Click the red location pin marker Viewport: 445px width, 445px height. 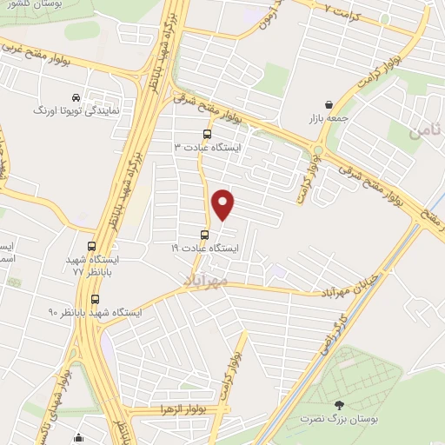pos(223,203)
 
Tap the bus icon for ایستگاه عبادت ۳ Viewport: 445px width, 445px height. pos(206,135)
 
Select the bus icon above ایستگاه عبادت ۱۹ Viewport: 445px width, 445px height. pos(205,235)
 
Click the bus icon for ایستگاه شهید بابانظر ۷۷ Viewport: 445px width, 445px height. pos(93,247)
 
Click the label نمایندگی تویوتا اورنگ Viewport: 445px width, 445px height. pos(68,111)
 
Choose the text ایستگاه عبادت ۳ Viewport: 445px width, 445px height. pos(211,148)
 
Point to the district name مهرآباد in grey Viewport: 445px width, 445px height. pos(205,281)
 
